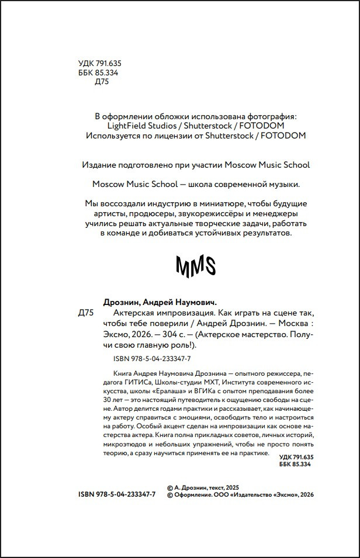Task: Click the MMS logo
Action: (x=196, y=266)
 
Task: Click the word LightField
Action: (x=130, y=126)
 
